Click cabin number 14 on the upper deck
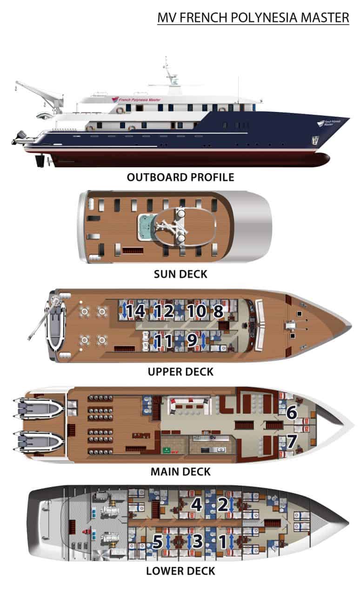click(x=136, y=311)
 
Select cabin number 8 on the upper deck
click(x=218, y=311)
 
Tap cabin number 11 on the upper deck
click(x=164, y=341)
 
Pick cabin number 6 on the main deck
click(x=292, y=412)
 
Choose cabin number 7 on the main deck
click(x=292, y=441)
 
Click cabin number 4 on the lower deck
click(x=196, y=504)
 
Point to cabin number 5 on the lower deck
click(x=157, y=541)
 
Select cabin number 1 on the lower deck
click(x=223, y=542)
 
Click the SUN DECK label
click(x=180, y=274)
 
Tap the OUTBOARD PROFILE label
click(x=180, y=177)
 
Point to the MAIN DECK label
click(x=180, y=472)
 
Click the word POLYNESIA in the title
click(x=264, y=18)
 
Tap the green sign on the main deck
click(x=167, y=450)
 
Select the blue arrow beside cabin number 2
click(x=232, y=504)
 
